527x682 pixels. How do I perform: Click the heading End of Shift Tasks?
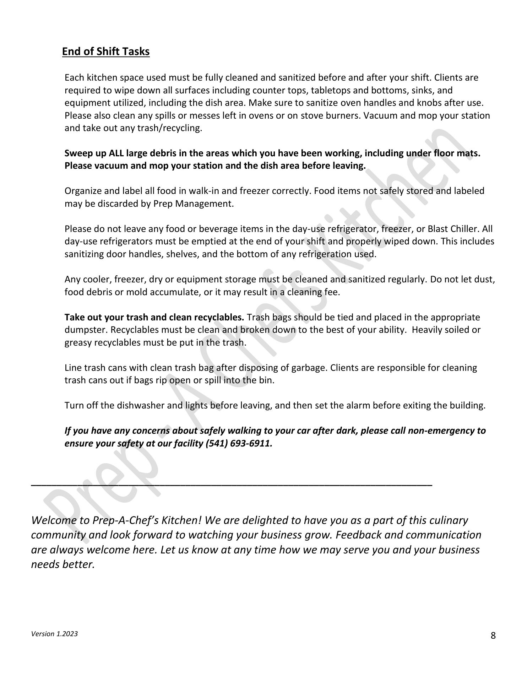[x=106, y=52]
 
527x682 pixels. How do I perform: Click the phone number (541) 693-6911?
[x=239, y=443]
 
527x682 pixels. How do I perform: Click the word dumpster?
[x=85, y=330]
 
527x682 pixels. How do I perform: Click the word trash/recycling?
[x=169, y=128]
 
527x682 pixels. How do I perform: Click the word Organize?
[x=81, y=191]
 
